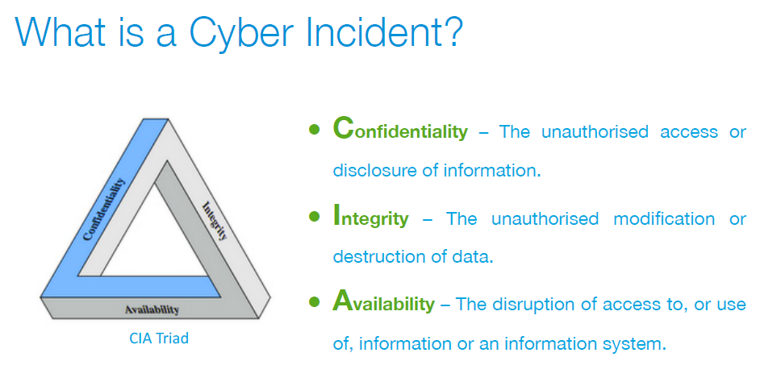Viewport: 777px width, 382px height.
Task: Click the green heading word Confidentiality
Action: point(400,129)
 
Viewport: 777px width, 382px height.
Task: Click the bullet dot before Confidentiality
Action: point(314,130)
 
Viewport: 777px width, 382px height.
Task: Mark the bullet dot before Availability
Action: point(314,301)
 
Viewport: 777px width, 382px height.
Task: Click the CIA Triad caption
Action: point(159,338)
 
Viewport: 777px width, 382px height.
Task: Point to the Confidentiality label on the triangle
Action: point(104,210)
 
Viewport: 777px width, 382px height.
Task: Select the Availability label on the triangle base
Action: point(152,310)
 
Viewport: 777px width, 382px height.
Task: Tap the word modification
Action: point(664,218)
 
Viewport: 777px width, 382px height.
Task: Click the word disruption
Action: point(534,303)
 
